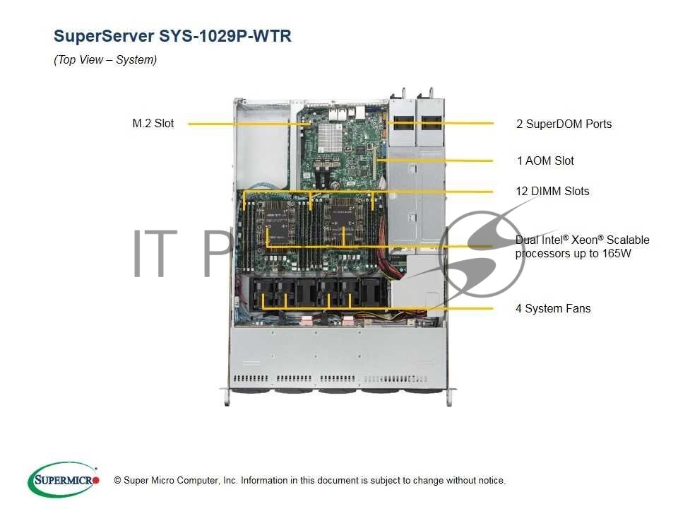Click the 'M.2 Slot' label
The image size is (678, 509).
pyautogui.click(x=153, y=124)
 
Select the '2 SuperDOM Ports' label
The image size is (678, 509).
pyautogui.click(x=564, y=124)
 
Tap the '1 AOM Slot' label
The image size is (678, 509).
pyautogui.click(x=545, y=161)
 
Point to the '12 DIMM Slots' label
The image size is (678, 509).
pyautogui.click(x=552, y=192)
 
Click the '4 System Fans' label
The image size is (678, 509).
pyautogui.click(x=553, y=309)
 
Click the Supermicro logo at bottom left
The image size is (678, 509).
pyautogui.click(x=63, y=480)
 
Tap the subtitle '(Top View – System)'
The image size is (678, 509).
pyautogui.click(x=105, y=60)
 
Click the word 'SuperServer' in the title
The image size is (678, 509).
pyautogui.click(x=100, y=36)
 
